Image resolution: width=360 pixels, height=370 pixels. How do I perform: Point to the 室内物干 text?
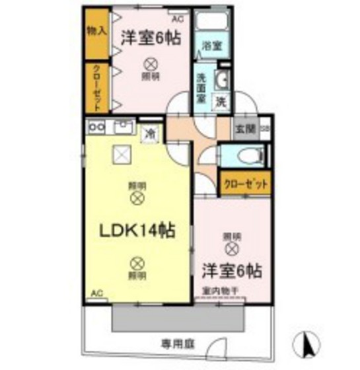pos(216,290)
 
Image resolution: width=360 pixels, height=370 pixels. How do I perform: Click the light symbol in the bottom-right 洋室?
pos(231,248)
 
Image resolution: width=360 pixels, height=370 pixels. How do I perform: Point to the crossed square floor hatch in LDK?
pos(122,155)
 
